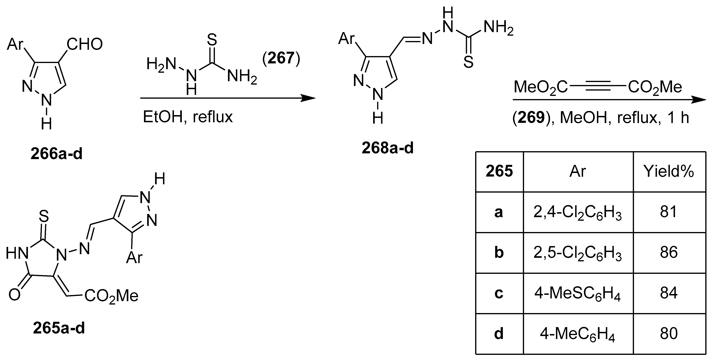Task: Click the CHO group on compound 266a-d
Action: (x=85, y=44)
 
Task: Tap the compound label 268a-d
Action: (x=387, y=148)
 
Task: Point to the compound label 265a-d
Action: (x=59, y=329)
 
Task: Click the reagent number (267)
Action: (x=281, y=58)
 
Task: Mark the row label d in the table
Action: (x=499, y=333)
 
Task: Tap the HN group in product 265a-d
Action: (x=17, y=254)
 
